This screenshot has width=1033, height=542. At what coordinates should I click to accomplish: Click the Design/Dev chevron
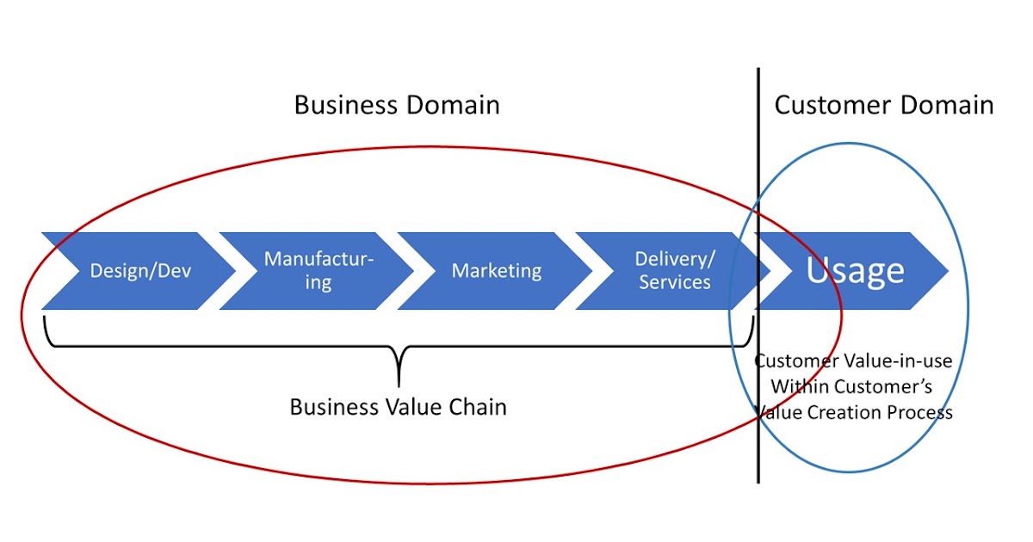pyautogui.click(x=140, y=271)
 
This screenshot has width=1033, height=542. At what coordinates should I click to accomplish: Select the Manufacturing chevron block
pyautogui.click(x=319, y=271)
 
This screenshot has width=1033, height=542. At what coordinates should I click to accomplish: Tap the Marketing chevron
pyautogui.click(x=497, y=271)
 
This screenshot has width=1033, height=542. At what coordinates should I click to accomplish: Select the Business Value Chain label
pyautogui.click(x=398, y=407)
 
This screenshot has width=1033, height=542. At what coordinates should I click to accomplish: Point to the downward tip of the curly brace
pyautogui.click(x=399, y=385)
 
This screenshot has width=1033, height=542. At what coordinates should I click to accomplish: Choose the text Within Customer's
pyautogui.click(x=851, y=386)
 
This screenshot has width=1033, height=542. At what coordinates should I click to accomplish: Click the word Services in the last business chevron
pyautogui.click(x=675, y=282)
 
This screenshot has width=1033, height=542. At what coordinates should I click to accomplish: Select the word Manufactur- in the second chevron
pyautogui.click(x=319, y=259)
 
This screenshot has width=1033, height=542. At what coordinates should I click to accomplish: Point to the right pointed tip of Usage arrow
pyautogui.click(x=947, y=271)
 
